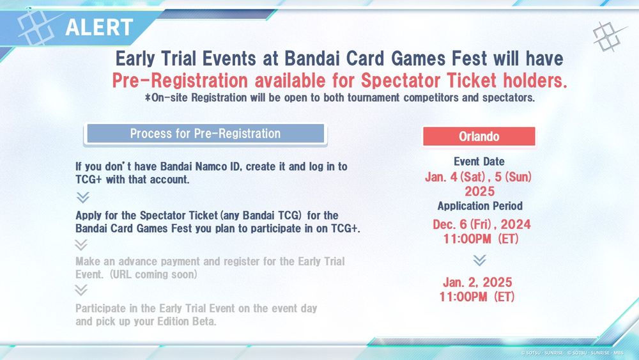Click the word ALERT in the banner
tap(99, 27)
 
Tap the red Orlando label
tap(479, 136)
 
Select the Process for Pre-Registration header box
tap(205, 134)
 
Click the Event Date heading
tap(479, 161)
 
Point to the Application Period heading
tap(480, 206)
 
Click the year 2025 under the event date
tap(480, 191)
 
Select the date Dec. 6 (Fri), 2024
tap(482, 224)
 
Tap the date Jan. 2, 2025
tap(477, 282)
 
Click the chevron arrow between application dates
tap(480, 260)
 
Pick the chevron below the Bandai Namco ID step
tap(82, 198)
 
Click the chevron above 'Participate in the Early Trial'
tap(81, 290)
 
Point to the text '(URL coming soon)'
tap(153, 274)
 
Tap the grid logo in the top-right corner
tap(609, 36)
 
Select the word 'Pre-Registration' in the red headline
tap(180, 81)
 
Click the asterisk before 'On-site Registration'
tap(148, 97)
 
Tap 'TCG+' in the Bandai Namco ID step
tap(88, 180)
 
